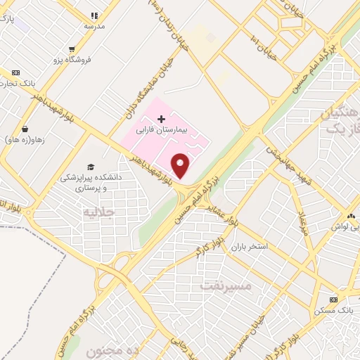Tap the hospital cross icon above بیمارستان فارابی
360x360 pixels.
coord(161,118)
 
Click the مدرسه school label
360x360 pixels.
coord(95,25)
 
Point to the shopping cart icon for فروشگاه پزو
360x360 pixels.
coord(72,49)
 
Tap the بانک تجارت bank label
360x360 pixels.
coord(14,84)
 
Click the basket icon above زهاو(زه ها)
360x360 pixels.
coord(25,129)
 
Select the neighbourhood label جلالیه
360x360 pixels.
coord(98,212)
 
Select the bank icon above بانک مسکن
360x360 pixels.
coord(333,300)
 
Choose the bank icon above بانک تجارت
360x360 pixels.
coord(16,72)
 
